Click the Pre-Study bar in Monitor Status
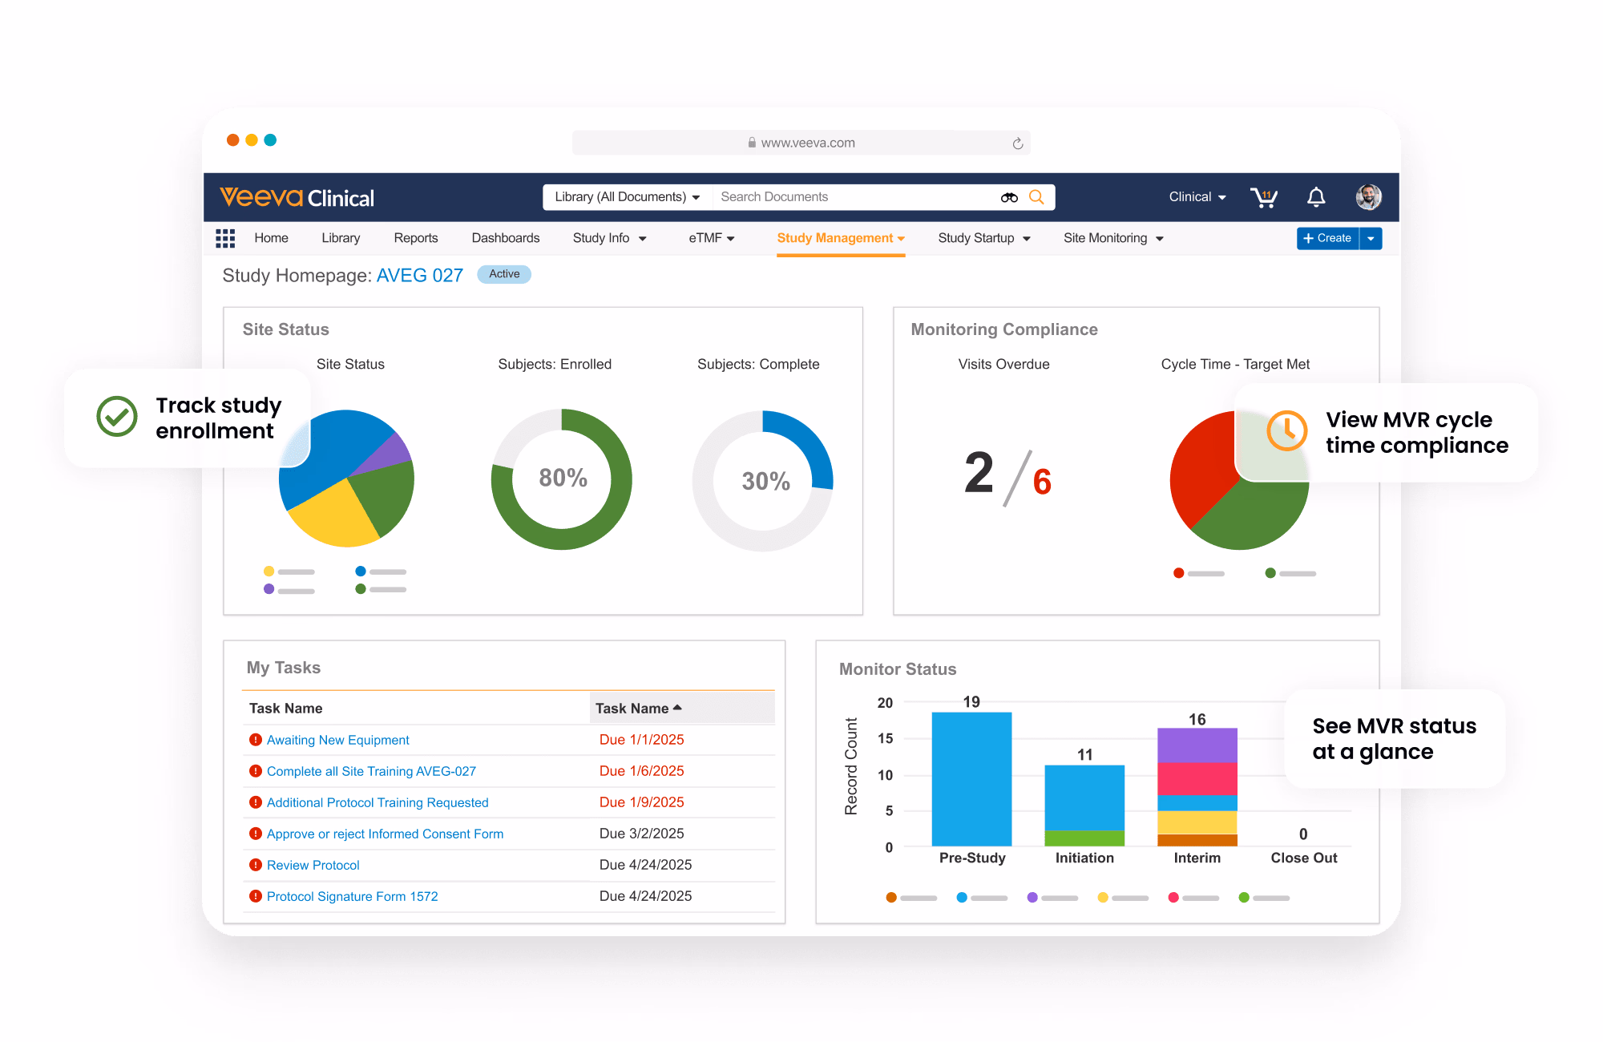pos(971,778)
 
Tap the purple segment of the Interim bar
pos(1197,745)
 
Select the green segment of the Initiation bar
pos(1084,838)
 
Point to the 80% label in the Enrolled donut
pos(563,478)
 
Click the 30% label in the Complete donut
pos(765,481)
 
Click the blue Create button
pos(1327,238)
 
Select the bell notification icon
pos(1316,197)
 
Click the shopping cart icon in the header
pos(1264,197)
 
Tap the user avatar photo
pos(1368,197)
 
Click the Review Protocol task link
pos(313,865)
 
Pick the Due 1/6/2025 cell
pos(641,771)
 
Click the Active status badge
pos(504,274)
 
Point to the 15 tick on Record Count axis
pos(885,739)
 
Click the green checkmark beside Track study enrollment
pos(117,416)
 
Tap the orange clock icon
pos(1286,430)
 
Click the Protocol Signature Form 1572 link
pos(352,896)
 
